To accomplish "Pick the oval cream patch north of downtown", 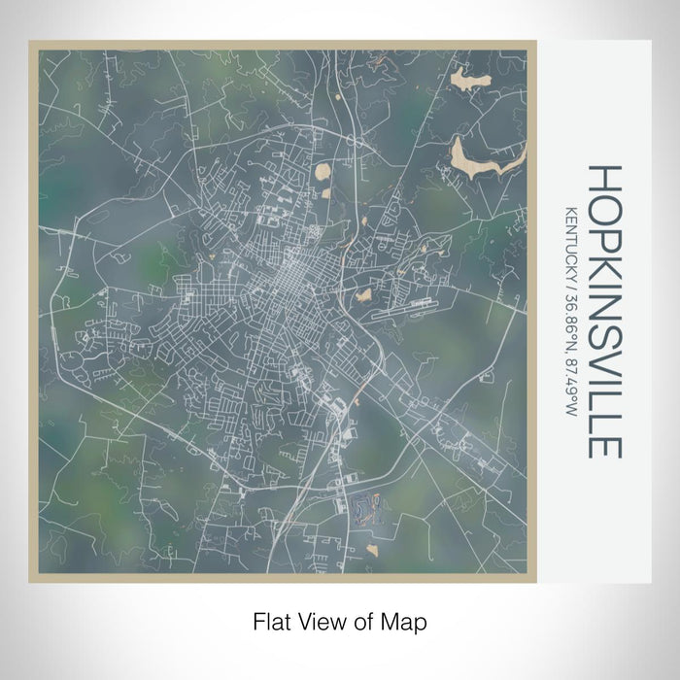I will point(324,174).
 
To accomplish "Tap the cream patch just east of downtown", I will point(363,294).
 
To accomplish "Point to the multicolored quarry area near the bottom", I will point(365,506).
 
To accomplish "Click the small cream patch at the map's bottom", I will point(372,550).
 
